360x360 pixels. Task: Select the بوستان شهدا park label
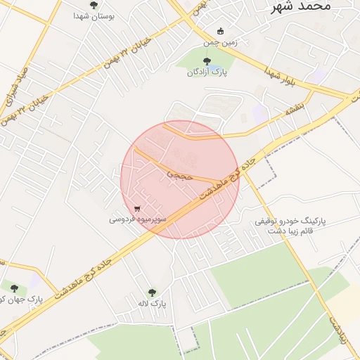94,15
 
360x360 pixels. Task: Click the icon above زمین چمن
220,32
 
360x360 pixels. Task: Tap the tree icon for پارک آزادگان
207,61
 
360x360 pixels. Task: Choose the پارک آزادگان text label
207,72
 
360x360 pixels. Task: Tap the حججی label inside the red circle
180,171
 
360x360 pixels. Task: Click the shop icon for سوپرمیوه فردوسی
137,208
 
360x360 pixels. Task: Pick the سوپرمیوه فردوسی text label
138,219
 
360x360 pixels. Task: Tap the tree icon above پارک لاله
152,293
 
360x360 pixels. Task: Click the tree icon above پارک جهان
13,286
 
